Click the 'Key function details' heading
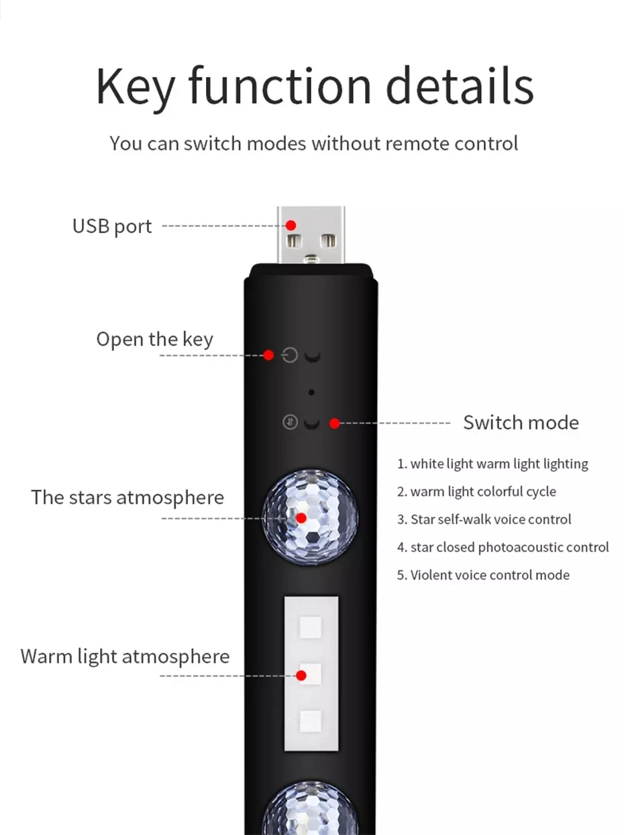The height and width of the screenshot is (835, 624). (314, 86)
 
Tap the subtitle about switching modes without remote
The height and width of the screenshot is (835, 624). (314, 143)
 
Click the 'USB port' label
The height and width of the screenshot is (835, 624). (112, 227)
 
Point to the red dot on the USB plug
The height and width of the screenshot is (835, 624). (291, 225)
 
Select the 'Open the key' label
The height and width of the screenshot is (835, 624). (154, 339)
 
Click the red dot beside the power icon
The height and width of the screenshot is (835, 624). (268, 355)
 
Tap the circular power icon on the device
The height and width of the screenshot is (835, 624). (290, 355)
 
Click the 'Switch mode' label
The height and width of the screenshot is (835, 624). (521, 423)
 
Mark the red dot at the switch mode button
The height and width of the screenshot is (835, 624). (334, 423)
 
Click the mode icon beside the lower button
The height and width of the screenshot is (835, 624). (290, 423)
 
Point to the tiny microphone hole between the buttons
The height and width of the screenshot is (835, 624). (311, 391)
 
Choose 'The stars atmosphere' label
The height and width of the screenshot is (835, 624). (127, 498)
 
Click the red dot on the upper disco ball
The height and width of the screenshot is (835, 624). (301, 518)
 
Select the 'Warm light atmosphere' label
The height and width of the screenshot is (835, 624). (125, 656)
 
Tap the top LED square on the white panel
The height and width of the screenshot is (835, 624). (310, 628)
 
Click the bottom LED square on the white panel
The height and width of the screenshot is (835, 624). (310, 720)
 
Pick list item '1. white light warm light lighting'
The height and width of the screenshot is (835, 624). (492, 464)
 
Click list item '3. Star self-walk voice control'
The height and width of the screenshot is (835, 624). (484, 519)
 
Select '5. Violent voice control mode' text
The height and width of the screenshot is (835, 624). (483, 575)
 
